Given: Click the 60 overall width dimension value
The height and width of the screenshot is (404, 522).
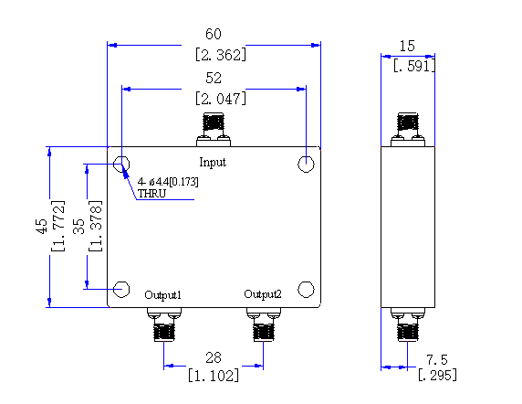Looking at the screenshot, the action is (x=214, y=34).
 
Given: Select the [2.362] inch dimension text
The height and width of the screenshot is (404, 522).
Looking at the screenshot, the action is (x=221, y=55).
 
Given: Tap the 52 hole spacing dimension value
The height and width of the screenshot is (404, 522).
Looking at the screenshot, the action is (x=214, y=78).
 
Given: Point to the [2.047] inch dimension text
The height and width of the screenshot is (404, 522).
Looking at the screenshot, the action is (x=221, y=99).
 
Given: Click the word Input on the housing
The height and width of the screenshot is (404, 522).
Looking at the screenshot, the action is (x=213, y=163).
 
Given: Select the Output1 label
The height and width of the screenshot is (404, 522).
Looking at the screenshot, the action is (x=162, y=295).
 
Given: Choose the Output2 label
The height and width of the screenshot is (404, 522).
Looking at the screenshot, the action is (x=263, y=294).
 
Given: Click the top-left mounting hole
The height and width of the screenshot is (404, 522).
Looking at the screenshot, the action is (x=121, y=164).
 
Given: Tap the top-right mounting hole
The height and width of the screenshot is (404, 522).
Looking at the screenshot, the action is (x=306, y=164).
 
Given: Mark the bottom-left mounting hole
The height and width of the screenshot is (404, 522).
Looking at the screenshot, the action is (x=121, y=289).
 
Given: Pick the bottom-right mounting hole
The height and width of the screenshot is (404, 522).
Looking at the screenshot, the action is (x=306, y=289).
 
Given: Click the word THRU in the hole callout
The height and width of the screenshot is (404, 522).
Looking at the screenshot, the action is (x=151, y=194).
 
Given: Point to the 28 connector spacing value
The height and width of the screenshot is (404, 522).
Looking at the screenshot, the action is (x=214, y=357).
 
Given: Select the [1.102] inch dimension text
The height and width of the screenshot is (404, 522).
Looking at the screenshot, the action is (x=214, y=376).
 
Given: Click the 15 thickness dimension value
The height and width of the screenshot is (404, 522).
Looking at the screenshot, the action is (x=407, y=46).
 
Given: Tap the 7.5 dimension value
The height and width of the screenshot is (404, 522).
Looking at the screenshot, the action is (x=437, y=360).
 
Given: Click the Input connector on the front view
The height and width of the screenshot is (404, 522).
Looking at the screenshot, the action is (x=214, y=130).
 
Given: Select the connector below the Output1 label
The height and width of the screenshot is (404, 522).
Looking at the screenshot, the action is (x=164, y=324).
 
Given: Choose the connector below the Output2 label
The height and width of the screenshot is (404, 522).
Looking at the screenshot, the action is (x=264, y=324).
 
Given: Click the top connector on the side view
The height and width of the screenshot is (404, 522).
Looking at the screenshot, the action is (x=408, y=130).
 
